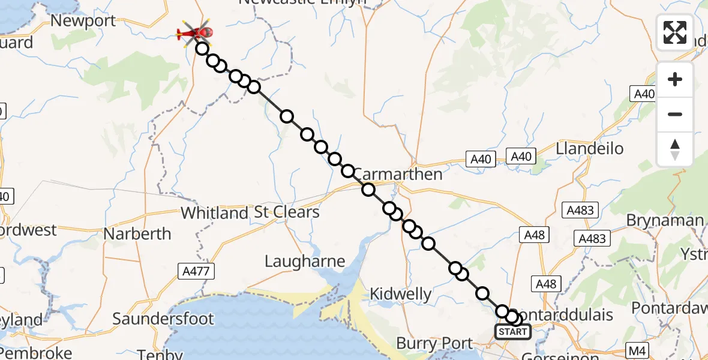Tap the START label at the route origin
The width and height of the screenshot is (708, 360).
coord(512,331)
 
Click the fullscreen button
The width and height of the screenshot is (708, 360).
coord(675,32)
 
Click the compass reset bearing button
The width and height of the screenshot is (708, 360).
coord(675,149)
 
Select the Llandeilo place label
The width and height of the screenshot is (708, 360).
coord(590,148)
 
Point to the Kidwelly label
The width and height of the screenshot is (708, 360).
coord(401,294)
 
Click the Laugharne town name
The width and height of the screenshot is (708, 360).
coord(305,261)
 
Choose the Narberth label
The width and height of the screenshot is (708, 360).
coord(137,233)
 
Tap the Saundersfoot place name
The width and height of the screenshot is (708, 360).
coord(163,318)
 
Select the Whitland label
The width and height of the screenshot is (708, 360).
coord(214,212)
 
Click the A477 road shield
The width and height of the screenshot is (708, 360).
coord(196,272)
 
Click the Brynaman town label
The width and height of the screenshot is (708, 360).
coord(664,220)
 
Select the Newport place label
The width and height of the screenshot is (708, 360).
coord(83,21)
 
